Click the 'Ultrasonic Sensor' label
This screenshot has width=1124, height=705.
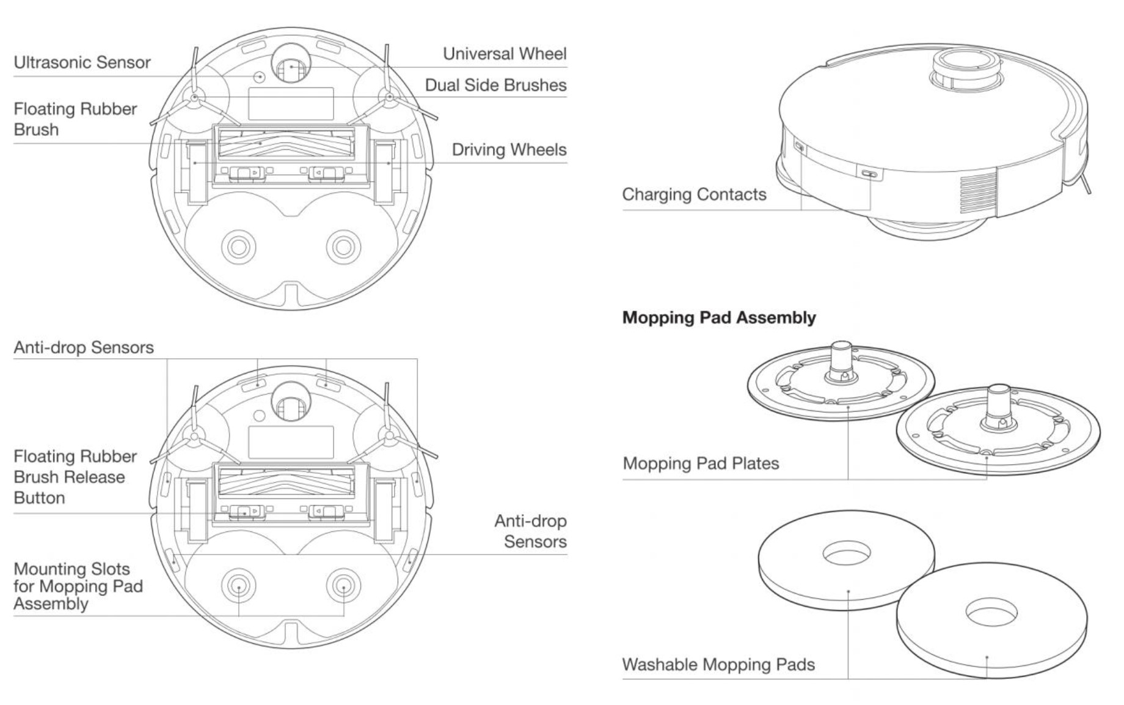tap(82, 62)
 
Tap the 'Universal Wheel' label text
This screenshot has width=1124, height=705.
tap(505, 54)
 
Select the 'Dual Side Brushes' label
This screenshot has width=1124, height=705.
tap(495, 85)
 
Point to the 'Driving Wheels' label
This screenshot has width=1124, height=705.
tap(509, 150)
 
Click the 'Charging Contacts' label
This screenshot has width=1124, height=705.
tap(694, 194)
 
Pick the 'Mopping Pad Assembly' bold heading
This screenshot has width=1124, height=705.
tap(718, 317)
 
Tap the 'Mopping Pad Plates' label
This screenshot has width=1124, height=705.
tap(701, 463)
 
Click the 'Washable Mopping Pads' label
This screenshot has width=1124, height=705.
tap(718, 665)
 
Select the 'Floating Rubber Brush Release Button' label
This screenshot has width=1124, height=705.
tap(75, 477)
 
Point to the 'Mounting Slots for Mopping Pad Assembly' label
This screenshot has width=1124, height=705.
tap(78, 586)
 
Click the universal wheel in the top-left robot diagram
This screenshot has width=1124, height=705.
tap(291, 65)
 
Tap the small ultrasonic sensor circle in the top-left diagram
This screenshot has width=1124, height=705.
tap(260, 77)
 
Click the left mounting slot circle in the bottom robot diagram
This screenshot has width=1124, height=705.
tap(238, 586)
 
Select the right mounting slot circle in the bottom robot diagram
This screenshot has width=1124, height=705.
tap(343, 586)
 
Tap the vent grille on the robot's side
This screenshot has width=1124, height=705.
tap(978, 191)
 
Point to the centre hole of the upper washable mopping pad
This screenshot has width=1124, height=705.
tap(846, 554)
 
